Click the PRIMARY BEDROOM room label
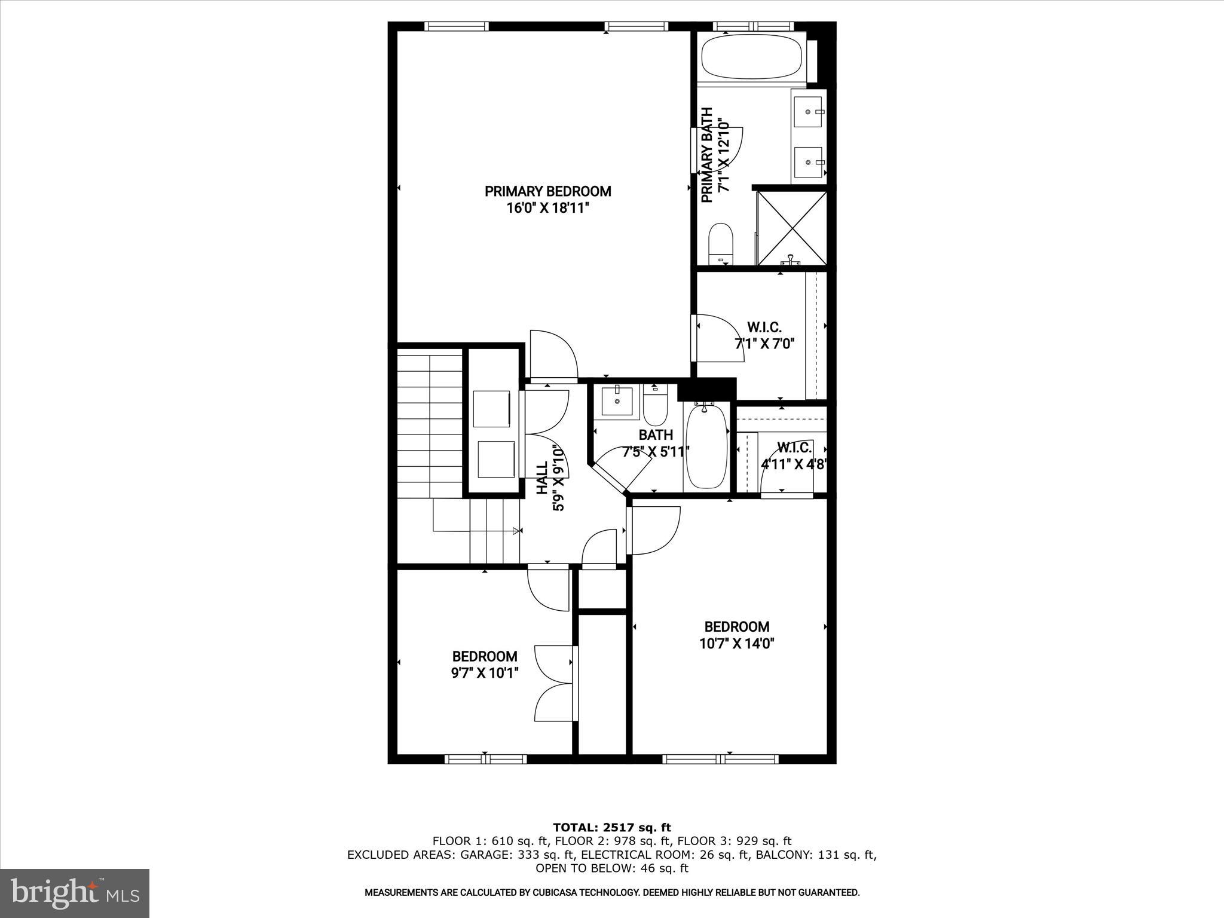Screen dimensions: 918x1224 pos(547,191)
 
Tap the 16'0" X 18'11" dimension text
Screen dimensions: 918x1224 pos(547,209)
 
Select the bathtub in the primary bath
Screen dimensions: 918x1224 pos(751,57)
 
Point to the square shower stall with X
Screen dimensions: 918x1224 pos(792,228)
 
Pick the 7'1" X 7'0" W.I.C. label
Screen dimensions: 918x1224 pos(764,344)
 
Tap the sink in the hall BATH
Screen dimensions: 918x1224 pos(616,401)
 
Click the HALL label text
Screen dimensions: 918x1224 pos(542,478)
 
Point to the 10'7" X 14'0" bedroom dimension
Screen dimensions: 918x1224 pos(736,644)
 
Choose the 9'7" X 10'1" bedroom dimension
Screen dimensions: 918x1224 pos(484,673)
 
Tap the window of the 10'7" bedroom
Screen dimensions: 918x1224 pos(721,759)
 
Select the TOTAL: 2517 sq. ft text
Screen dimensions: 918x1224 pos(611,827)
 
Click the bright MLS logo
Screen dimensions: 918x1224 pos(75,893)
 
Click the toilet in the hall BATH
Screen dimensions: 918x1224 pos(655,406)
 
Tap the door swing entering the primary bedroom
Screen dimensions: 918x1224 pos(553,355)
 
